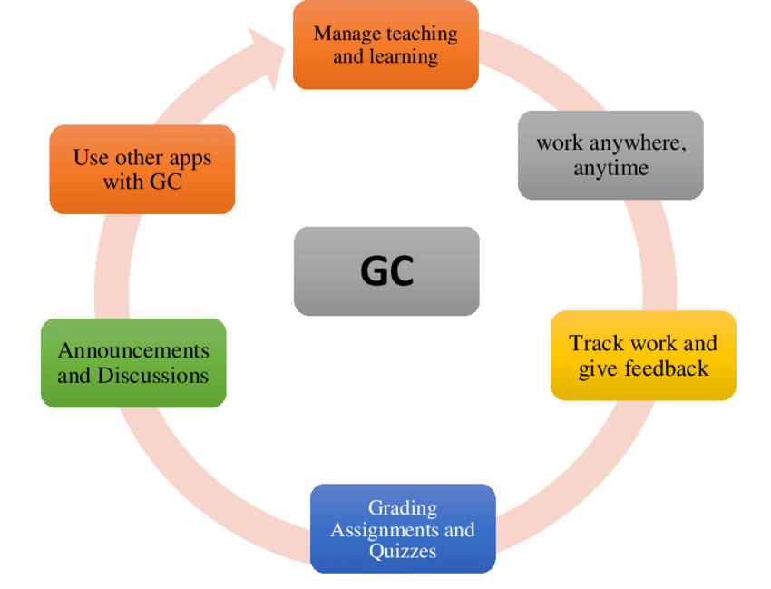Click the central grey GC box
click(x=386, y=271)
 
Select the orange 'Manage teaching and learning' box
click(x=385, y=45)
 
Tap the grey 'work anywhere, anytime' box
click(x=610, y=155)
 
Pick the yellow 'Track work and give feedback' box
click(x=643, y=356)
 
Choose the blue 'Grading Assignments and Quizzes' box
click(x=403, y=529)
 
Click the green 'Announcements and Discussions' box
click(x=133, y=363)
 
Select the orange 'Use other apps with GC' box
click(x=142, y=170)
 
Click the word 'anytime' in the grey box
click(x=610, y=169)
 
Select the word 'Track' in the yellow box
click(x=595, y=344)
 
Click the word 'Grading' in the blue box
click(x=403, y=507)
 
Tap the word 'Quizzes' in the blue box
click(x=403, y=551)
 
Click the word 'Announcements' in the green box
click(x=133, y=351)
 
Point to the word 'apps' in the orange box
click(x=188, y=158)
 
